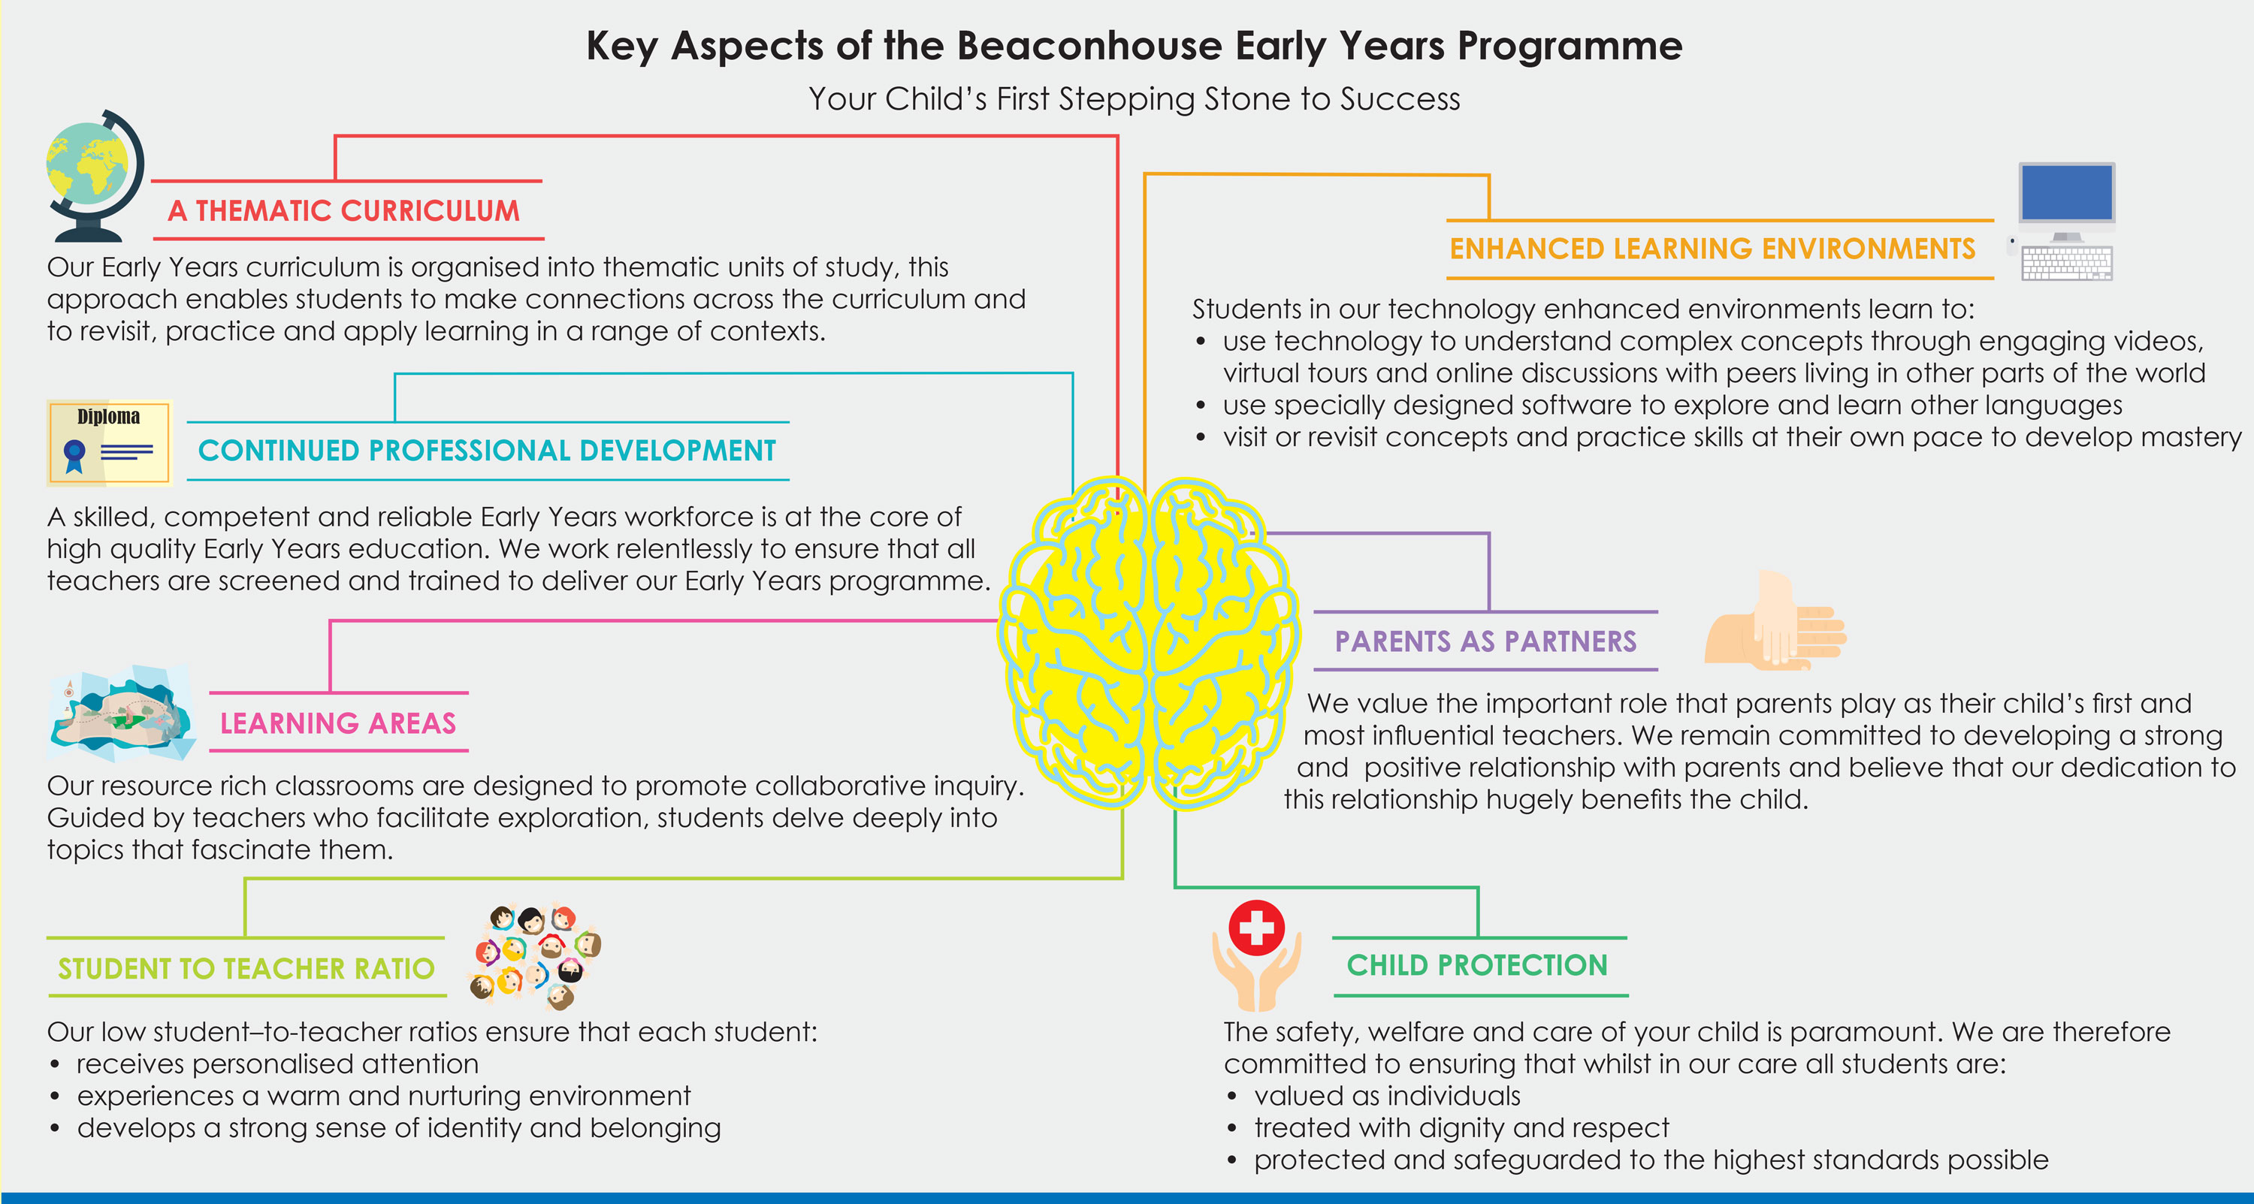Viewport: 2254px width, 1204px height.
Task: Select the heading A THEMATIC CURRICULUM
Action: pos(344,211)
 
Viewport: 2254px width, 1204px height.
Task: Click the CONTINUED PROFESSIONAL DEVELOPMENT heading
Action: pos(487,451)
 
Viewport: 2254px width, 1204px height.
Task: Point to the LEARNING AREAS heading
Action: pos(338,723)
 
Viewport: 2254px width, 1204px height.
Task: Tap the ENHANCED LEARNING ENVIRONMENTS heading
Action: pos(1712,249)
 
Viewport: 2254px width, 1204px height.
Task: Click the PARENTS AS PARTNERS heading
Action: pos(1485,641)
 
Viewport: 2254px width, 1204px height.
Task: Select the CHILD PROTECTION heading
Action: pos(1477,965)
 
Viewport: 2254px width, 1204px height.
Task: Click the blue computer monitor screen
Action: pos(2067,192)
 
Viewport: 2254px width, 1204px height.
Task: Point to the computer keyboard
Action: pos(2067,262)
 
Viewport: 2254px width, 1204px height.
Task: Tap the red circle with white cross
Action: pos(1256,928)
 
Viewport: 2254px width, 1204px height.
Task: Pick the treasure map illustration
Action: pos(122,713)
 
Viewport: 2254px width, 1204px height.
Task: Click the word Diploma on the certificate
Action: pos(108,417)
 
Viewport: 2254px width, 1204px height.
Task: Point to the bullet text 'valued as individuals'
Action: pos(1387,1096)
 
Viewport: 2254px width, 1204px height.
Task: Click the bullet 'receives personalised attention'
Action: pos(277,1064)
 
